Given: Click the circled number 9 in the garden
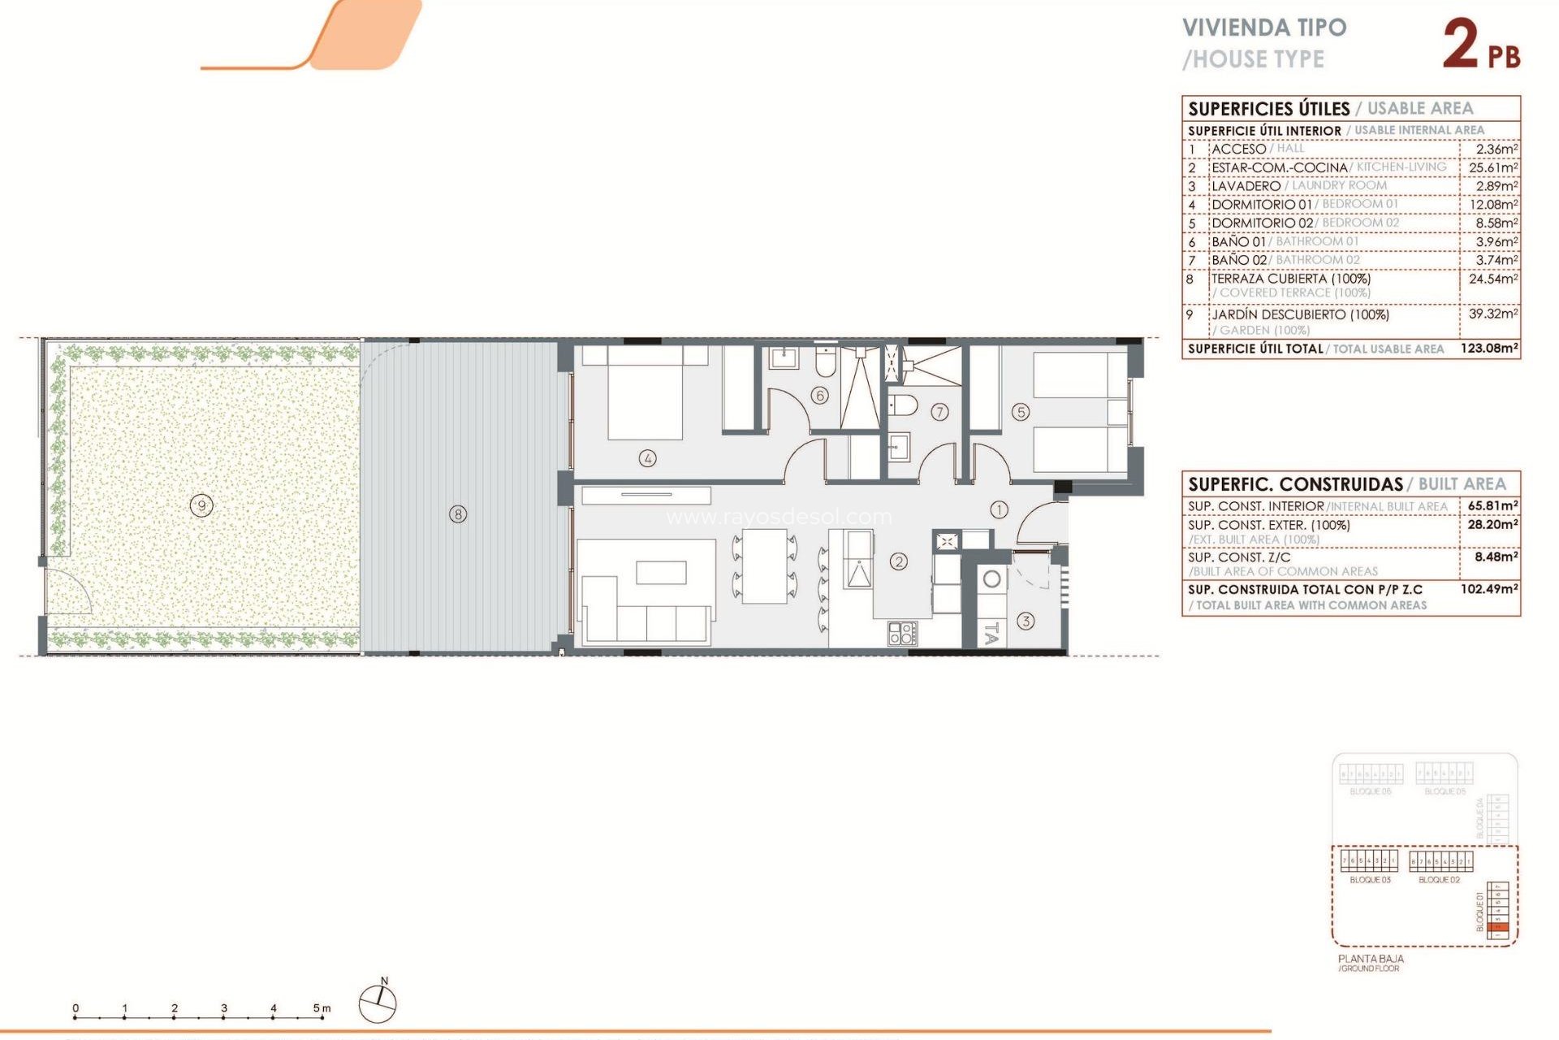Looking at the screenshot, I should pyautogui.click(x=201, y=506).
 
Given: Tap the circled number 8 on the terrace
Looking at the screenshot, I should pyautogui.click(x=458, y=514).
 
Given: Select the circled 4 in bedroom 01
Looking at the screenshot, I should pyautogui.click(x=647, y=458).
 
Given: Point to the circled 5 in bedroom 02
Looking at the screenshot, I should pyautogui.click(x=1021, y=413).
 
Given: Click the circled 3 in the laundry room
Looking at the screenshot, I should pyautogui.click(x=1026, y=622).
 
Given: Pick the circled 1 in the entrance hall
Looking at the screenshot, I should pyautogui.click(x=999, y=509).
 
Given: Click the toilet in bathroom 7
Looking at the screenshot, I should pyautogui.click(x=904, y=404).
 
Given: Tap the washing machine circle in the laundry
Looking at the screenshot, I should pyautogui.click(x=991, y=579).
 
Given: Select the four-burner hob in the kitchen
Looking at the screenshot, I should pyautogui.click(x=901, y=633).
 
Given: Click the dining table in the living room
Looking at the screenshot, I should pyautogui.click(x=765, y=565).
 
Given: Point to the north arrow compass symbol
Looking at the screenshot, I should pyautogui.click(x=378, y=1002).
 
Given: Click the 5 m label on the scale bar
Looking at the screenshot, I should pyautogui.click(x=322, y=1008).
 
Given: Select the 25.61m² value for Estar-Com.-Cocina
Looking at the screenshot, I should pyautogui.click(x=1492, y=167).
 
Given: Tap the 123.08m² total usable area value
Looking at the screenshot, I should pyautogui.click(x=1489, y=349).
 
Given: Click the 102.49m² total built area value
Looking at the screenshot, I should pyautogui.click(x=1489, y=589).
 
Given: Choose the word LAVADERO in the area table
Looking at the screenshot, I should pyautogui.click(x=1246, y=186).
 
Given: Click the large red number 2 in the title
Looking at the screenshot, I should pyautogui.click(x=1461, y=45).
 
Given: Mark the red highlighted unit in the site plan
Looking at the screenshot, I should pyautogui.click(x=1500, y=927).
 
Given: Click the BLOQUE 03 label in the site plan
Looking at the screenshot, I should pyautogui.click(x=1370, y=880).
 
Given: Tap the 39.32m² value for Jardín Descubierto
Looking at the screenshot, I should pyautogui.click(x=1492, y=314).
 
